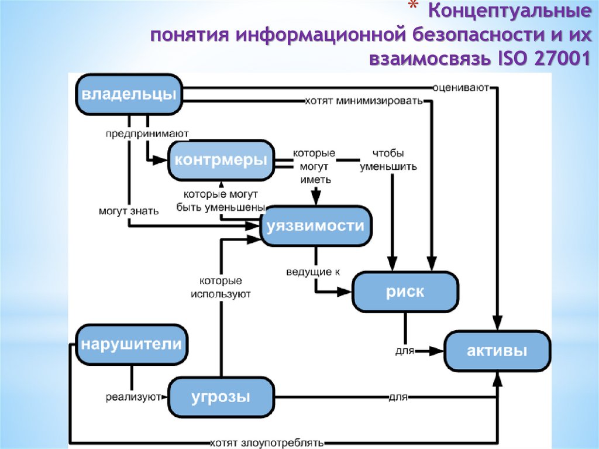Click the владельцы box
(129, 94)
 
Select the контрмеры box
(221, 160)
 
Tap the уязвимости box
(315, 226)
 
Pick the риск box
(405, 292)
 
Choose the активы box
(497, 351)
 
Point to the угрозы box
(221, 397)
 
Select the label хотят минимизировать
(363, 101)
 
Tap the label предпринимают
(147, 133)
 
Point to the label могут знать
(128, 211)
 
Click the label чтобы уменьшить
(388, 160)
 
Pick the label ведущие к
(313, 272)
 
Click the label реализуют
(133, 398)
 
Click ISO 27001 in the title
(543, 59)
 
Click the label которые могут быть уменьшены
(221, 201)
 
